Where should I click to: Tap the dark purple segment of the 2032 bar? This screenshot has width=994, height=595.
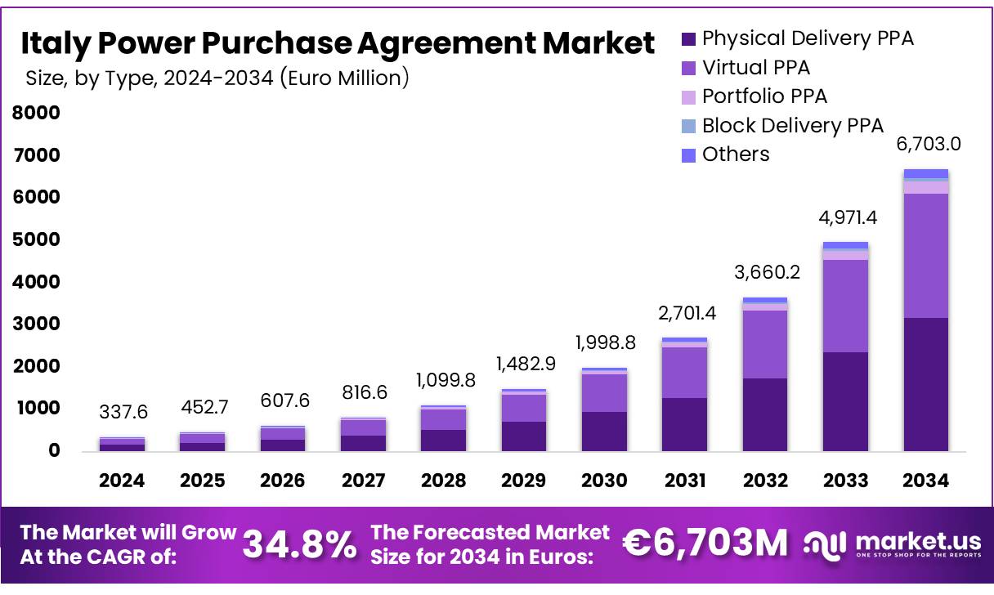point(765,414)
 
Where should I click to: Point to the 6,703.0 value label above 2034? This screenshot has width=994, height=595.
point(928,145)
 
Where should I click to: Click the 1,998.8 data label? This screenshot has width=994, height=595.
point(604,342)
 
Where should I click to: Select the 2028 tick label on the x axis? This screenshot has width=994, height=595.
point(443,481)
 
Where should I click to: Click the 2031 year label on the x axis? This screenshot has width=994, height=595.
point(684,481)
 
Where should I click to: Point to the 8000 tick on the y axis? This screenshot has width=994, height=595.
point(36,113)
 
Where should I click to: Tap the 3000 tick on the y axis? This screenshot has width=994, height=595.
point(36,324)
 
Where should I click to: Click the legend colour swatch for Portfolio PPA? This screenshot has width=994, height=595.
point(688,97)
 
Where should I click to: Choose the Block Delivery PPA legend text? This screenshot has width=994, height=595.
point(792,126)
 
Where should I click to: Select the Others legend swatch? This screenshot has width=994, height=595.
point(688,155)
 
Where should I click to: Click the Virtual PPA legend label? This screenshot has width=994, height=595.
point(756,68)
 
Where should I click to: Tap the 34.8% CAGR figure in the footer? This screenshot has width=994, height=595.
point(299,544)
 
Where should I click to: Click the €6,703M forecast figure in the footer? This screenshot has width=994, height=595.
point(705,543)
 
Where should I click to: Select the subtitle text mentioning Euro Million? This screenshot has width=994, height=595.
point(217,78)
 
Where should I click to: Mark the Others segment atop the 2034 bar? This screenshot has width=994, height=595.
point(926,173)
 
